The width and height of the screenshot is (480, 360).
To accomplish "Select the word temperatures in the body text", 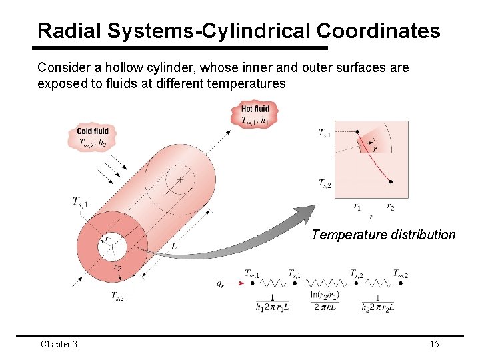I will [247, 83].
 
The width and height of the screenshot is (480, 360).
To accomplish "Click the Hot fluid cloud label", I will [255, 114].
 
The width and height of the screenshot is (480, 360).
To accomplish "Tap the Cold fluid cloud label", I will [93, 137].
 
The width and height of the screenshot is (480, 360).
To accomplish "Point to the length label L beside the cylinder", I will [173, 246].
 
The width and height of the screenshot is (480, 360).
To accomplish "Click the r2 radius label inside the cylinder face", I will [117, 267].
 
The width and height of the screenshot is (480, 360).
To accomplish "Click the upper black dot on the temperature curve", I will [358, 133].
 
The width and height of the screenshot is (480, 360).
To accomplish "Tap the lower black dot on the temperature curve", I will [390, 181].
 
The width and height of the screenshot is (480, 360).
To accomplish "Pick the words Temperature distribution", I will [383, 235].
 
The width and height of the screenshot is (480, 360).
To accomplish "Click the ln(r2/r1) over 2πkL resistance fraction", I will [325, 301].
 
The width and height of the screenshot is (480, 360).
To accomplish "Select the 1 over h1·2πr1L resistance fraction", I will [272, 303].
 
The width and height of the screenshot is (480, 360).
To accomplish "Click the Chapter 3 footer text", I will [59, 344].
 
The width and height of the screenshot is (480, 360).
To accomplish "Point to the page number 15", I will [434, 344].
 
